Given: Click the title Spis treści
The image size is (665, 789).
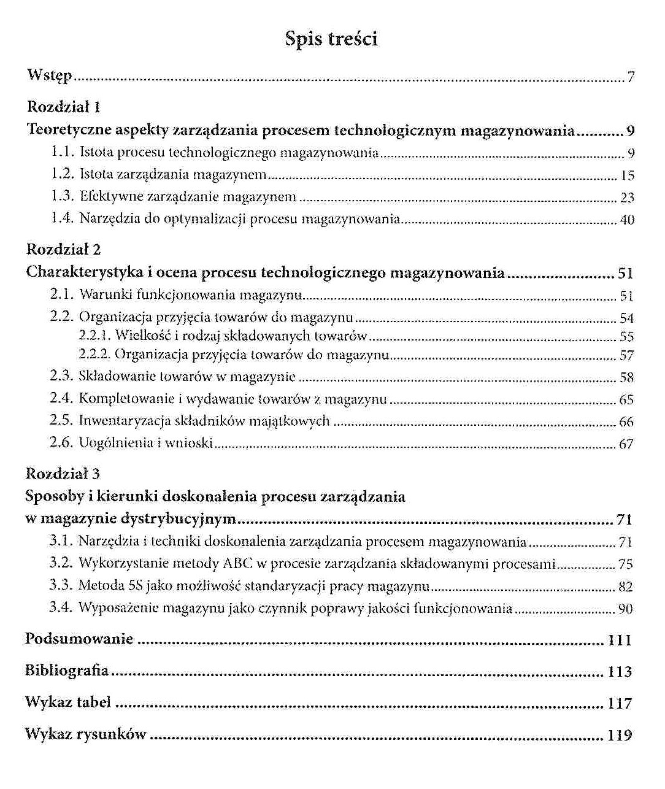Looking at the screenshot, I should coord(331,39).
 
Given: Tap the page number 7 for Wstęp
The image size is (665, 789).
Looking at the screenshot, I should coord(631,78).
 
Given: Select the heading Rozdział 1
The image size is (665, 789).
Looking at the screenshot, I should coord(64,107).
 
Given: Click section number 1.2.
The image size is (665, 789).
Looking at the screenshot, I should coord(63,175).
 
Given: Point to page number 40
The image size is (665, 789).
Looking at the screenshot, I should coord(627,220).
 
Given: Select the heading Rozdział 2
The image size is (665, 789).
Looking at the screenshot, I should coord(64,250).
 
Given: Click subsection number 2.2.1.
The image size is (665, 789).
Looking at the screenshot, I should coord(95,336).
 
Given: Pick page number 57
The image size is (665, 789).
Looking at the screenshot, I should coord(626,356).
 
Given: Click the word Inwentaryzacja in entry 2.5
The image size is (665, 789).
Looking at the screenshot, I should coord(116,421).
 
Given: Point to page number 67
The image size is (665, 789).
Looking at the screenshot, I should coord(626,444).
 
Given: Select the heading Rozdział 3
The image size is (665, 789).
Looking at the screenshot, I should coord(63,474).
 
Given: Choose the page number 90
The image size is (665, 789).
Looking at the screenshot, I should coord(625,609).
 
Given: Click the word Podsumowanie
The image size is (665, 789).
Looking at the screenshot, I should coord(79,639).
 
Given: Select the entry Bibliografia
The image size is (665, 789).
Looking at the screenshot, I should coord(67,671).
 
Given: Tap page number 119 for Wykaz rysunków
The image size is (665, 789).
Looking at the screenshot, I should coord(620,735).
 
